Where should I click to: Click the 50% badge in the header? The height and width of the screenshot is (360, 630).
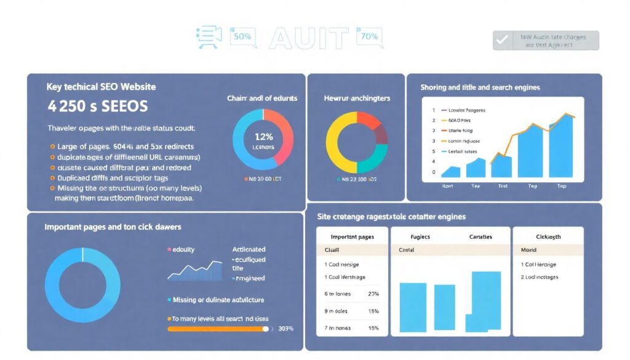242,37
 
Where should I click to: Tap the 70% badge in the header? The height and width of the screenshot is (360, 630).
369,37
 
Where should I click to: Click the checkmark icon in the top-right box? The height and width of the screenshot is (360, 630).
503,40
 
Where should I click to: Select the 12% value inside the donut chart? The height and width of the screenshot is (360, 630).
263,137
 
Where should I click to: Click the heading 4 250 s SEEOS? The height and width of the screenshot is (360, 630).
97,106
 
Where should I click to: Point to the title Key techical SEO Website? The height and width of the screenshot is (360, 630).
101,87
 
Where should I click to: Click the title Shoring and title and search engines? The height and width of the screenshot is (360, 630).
480,87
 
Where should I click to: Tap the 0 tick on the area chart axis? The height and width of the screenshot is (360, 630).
434,172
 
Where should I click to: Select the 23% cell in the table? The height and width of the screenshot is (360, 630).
373,294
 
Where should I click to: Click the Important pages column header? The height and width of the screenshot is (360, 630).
352,236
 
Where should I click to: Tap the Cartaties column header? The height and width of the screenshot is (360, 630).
480,236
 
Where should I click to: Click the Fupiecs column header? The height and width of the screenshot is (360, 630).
420,236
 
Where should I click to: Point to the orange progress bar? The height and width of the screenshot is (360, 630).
218,329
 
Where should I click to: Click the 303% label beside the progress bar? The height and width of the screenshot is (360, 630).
286,329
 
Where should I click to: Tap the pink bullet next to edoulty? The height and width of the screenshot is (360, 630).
169,250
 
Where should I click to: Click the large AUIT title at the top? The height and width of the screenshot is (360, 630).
308,38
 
